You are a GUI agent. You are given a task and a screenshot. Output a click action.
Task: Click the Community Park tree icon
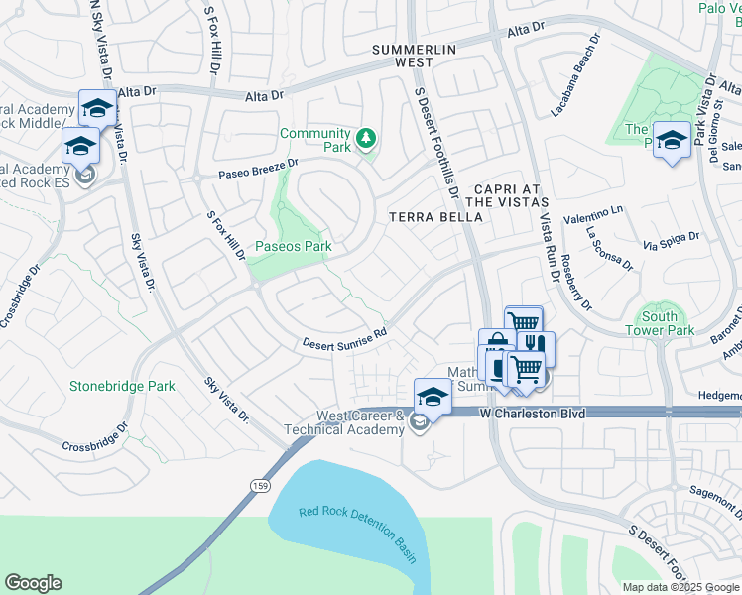point(367,138)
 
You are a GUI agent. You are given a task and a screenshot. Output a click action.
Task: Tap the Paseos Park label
point(293,246)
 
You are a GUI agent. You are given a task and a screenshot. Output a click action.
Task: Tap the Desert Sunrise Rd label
point(343,338)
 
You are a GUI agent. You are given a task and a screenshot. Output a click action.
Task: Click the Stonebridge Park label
point(122,386)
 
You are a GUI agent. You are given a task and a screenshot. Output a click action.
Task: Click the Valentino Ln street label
point(593,216)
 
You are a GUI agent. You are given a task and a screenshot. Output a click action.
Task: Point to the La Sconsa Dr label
point(608,248)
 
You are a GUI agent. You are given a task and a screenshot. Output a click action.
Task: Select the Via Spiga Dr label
point(672,240)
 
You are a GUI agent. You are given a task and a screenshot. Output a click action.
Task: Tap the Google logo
point(33,583)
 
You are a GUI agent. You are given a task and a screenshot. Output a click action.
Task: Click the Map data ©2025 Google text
point(680,587)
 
